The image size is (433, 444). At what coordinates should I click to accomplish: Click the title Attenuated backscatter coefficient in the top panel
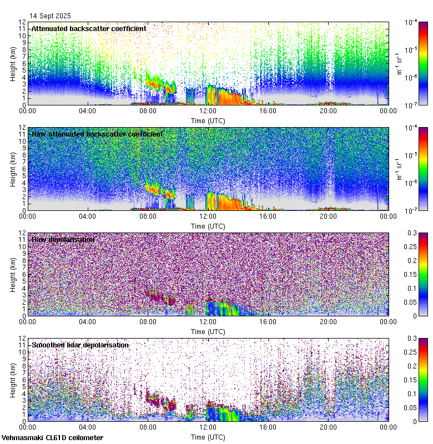pyautogui.click(x=89, y=28)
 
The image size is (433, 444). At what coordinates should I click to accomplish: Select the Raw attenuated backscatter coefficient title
pyautogui.click(x=97, y=134)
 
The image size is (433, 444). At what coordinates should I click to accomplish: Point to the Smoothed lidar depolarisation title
pyautogui.click(x=80, y=345)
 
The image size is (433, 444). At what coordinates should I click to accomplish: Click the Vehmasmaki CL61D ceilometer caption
pyautogui.click(x=52, y=438)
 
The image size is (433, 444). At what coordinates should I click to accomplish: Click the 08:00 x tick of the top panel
pyautogui.click(x=148, y=110)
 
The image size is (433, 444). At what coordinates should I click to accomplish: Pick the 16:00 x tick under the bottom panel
pyautogui.click(x=268, y=427)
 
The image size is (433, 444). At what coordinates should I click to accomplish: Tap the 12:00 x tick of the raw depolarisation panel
pyautogui.click(x=208, y=321)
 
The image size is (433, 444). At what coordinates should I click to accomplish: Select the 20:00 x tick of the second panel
pyautogui.click(x=328, y=216)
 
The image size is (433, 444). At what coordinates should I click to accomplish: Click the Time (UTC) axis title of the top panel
pyautogui.click(x=208, y=120)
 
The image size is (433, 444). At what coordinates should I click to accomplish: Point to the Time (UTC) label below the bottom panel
pyautogui.click(x=208, y=437)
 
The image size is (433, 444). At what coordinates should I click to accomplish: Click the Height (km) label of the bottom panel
pyautogui.click(x=13, y=380)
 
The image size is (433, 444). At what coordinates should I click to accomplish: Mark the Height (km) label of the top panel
pyautogui.click(x=13, y=63)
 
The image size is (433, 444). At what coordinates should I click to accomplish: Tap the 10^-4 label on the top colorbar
pyautogui.click(x=412, y=22)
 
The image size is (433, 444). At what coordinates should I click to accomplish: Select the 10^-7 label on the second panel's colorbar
pyautogui.click(x=412, y=211)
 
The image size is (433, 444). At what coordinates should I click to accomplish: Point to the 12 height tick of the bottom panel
pyautogui.click(x=22, y=338)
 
